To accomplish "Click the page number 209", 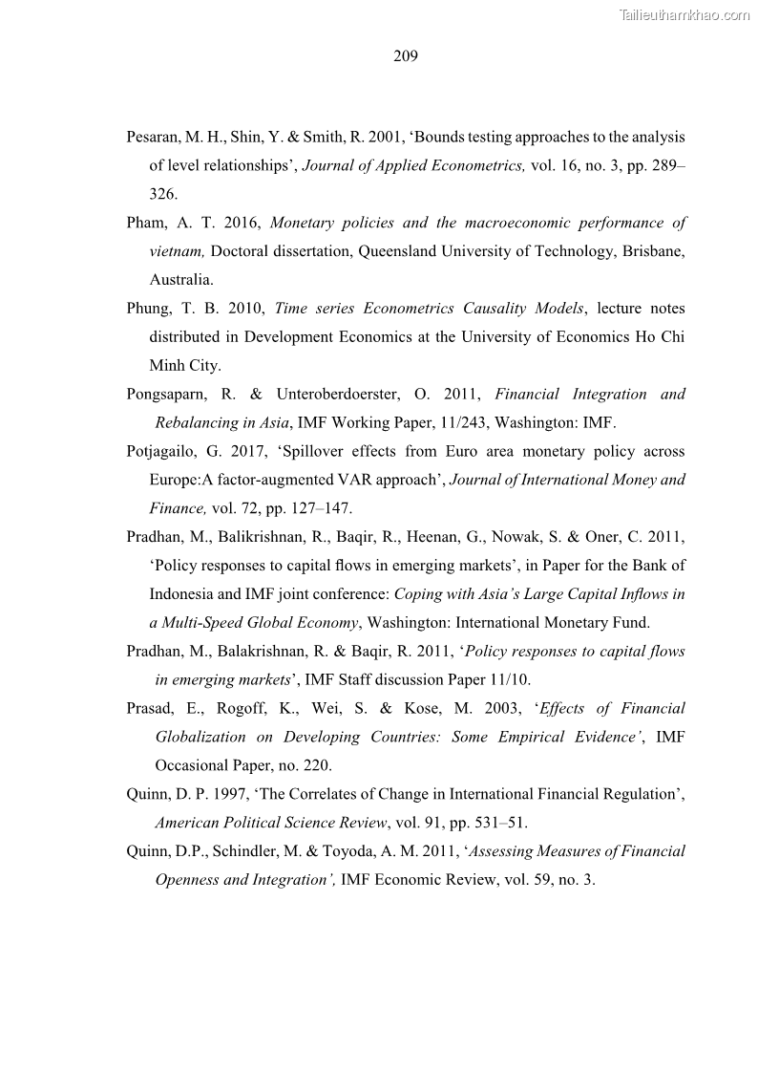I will click(x=405, y=56).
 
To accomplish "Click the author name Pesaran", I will click(x=154, y=138).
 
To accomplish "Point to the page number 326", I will click(x=162, y=194).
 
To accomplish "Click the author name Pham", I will click(x=146, y=224).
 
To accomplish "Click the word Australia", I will click(x=180, y=280).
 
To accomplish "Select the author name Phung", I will click(x=149, y=309).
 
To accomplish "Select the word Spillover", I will click(x=284, y=451).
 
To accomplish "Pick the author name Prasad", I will click(x=150, y=708).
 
